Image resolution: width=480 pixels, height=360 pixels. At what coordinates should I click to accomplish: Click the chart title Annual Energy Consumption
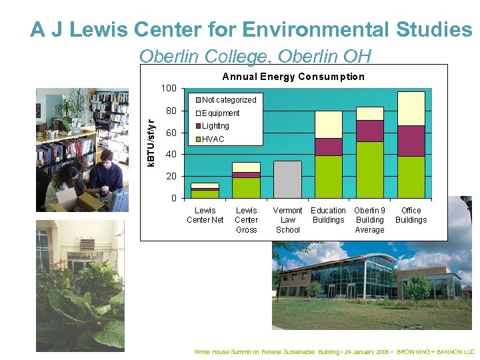[x=293, y=77]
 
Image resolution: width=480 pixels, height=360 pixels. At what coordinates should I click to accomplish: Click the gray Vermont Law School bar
[x=287, y=179]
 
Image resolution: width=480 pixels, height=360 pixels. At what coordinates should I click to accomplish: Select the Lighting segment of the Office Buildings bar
[x=411, y=141]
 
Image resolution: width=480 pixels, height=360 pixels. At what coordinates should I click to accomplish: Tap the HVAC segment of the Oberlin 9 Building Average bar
[x=369, y=169]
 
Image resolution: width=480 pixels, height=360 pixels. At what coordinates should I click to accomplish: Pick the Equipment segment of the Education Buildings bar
[x=328, y=125]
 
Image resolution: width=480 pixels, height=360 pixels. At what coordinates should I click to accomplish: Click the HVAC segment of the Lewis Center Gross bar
[x=246, y=187]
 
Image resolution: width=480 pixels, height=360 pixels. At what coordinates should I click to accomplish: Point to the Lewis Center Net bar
[x=205, y=191]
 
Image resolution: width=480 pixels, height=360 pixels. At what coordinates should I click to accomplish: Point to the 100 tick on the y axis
[x=169, y=89]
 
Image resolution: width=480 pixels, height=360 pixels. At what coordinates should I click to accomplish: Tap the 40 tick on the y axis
[x=171, y=155]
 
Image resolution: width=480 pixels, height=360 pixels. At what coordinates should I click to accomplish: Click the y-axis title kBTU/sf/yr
[x=151, y=143]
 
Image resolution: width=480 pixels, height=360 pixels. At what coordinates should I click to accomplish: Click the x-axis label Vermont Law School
[x=288, y=220]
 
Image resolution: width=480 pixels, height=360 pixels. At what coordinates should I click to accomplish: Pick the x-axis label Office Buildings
[x=411, y=215]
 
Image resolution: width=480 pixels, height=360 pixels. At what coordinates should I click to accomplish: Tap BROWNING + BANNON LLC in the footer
[x=435, y=351]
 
